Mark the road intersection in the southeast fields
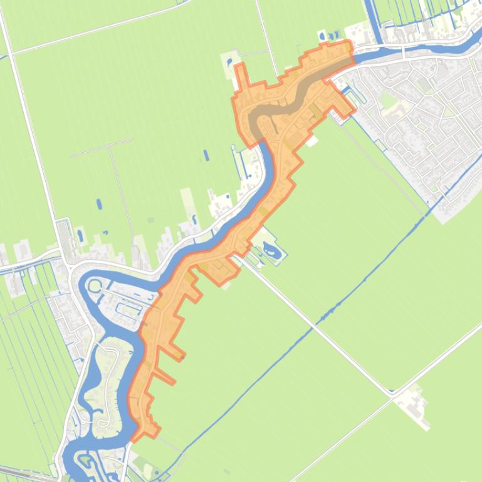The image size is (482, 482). click(x=392, y=395)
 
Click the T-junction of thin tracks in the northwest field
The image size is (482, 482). click(x=110, y=145)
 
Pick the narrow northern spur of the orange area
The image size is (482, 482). click(x=240, y=78)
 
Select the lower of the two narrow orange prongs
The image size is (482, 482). click(x=164, y=377)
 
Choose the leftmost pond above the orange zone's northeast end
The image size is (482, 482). click(x=322, y=36)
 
